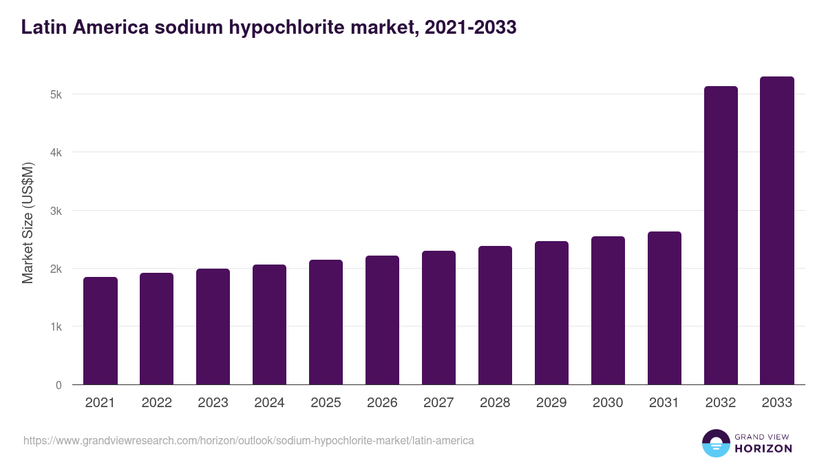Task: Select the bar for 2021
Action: click(x=100, y=331)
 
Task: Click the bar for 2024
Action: click(x=270, y=324)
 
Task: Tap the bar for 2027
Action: click(x=439, y=318)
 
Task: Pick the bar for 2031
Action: click(x=665, y=308)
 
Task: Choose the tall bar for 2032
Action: click(x=721, y=235)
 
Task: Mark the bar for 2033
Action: click(x=778, y=230)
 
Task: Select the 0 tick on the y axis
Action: click(x=59, y=385)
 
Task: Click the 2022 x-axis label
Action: click(x=157, y=403)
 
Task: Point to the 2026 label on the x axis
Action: click(x=383, y=403)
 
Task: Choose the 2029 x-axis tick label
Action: click(x=552, y=403)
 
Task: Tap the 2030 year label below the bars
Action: click(x=608, y=403)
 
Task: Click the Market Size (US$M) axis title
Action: click(x=28, y=223)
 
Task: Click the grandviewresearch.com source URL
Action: click(x=248, y=440)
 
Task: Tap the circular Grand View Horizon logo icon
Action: click(x=716, y=444)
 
